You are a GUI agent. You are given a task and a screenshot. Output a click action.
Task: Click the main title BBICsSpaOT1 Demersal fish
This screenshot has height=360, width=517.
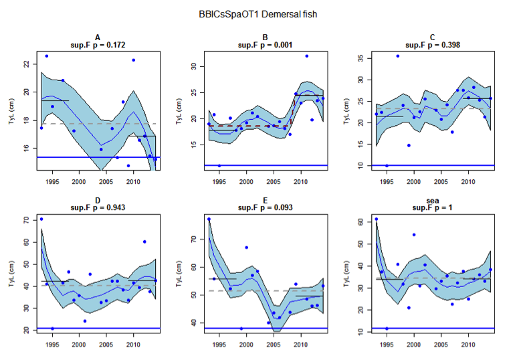pyautogui.click(x=257, y=14)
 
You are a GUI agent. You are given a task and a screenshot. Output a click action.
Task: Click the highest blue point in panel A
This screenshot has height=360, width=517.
pyautogui.click(x=46, y=56)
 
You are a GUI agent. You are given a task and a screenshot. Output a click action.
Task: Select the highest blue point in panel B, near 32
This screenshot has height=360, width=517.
pyautogui.click(x=306, y=56)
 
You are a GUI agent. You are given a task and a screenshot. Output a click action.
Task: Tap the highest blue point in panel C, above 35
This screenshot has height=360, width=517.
pyautogui.click(x=397, y=56)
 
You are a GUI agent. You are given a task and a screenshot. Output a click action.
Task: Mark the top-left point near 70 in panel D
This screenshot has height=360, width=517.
pyautogui.click(x=41, y=219)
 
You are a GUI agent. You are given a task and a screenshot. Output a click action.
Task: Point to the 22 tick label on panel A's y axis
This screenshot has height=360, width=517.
pyautogui.click(x=25, y=64)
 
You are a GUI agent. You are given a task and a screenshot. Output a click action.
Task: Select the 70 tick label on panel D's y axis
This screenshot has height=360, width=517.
pyautogui.click(x=25, y=220)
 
